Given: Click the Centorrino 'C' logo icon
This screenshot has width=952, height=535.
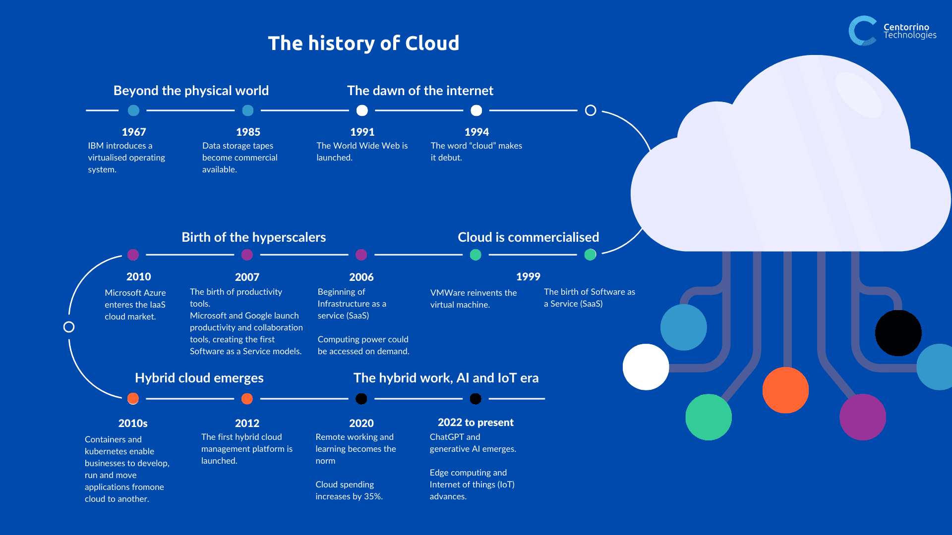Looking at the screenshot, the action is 862,31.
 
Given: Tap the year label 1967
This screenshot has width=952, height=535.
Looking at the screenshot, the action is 134,132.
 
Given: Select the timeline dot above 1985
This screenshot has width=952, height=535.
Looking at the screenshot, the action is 248,110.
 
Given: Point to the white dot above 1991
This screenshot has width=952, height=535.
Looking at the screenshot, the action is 362,110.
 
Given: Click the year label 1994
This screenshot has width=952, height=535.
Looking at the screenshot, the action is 476,132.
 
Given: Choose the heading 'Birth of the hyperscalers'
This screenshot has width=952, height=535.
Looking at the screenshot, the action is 253,237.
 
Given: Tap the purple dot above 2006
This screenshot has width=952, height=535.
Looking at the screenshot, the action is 361,255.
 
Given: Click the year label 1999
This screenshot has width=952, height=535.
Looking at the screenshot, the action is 528,276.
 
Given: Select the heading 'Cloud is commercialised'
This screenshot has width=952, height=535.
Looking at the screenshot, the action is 528,237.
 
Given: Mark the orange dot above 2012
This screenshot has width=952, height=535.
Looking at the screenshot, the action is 247,399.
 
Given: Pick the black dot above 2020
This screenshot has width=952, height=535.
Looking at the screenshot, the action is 361,399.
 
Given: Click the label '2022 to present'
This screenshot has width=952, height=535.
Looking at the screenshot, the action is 476,423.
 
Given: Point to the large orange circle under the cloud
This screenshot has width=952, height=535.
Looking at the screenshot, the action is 785,390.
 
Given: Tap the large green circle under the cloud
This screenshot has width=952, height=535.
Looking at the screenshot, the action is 709,417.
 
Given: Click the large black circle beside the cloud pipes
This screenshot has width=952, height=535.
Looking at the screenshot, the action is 898,333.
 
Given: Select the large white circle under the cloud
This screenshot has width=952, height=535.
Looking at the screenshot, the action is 646,367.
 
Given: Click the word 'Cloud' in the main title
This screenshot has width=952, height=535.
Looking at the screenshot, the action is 432,43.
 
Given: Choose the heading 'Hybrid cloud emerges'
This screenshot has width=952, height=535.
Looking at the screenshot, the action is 199,378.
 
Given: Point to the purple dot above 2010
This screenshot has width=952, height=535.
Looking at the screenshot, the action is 133,255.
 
